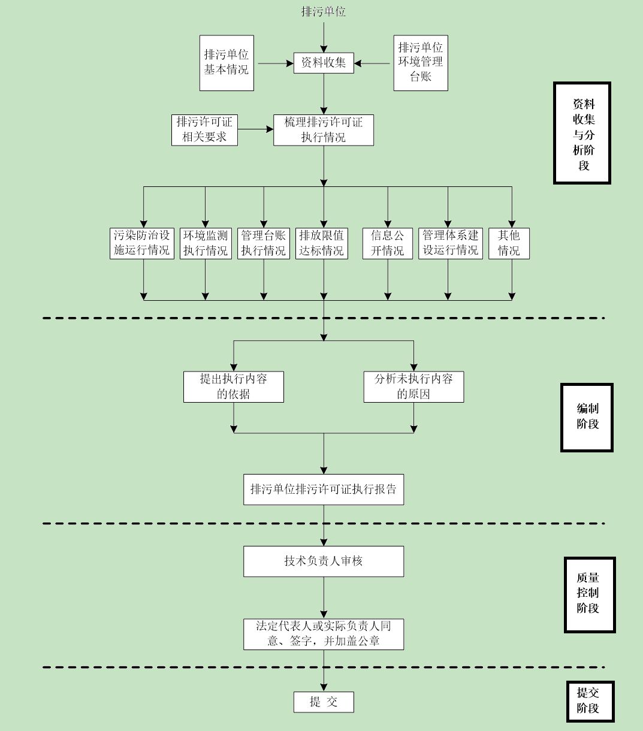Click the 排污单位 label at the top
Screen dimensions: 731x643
(324, 11)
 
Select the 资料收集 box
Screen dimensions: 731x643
(324, 63)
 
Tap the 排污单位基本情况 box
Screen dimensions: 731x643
(227, 63)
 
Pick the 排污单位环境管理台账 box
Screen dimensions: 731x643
(421, 63)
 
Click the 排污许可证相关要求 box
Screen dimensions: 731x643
(204, 129)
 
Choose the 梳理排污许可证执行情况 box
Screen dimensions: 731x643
(324, 129)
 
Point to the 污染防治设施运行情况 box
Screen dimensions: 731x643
(143, 243)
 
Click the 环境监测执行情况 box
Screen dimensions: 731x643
(206, 243)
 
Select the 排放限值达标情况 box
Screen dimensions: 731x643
(322, 243)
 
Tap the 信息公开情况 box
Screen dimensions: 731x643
(387, 243)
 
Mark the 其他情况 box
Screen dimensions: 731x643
(509, 243)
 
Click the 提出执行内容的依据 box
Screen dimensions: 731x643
(234, 386)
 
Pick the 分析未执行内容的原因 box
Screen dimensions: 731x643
(414, 386)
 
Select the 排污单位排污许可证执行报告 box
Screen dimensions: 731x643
(324, 489)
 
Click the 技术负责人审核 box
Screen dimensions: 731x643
(324, 561)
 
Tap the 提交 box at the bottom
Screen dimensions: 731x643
(324, 702)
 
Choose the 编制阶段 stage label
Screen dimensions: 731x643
(587, 417)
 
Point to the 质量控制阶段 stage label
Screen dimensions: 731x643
(589, 594)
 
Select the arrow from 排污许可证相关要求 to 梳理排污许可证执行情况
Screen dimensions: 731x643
(255, 129)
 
